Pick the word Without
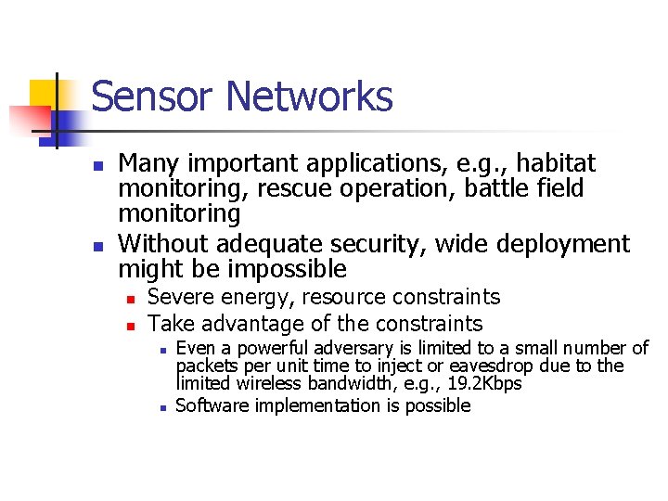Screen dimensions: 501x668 click(161, 244)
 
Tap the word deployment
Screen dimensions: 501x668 click(563, 245)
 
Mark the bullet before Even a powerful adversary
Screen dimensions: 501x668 click(161, 351)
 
